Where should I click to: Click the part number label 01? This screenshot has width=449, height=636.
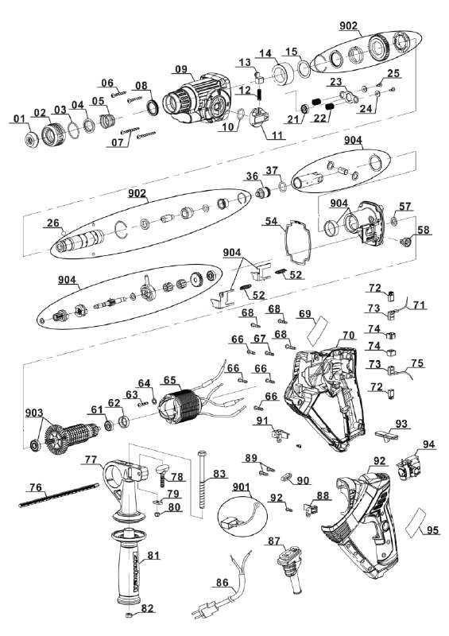pyautogui.click(x=19, y=118)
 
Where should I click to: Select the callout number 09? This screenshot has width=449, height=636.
pyautogui.click(x=181, y=69)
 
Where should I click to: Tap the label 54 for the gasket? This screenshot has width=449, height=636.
pyautogui.click(x=271, y=221)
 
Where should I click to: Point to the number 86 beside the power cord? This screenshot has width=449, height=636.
pyautogui.click(x=222, y=583)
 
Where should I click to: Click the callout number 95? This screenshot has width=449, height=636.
pyautogui.click(x=432, y=529)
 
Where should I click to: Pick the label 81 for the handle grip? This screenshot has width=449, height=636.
pyautogui.click(x=153, y=555)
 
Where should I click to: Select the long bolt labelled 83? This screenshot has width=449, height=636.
pyautogui.click(x=203, y=478)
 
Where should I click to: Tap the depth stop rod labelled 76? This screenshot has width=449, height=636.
pyautogui.click(x=59, y=494)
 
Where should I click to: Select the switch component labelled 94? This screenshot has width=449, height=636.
pyautogui.click(x=411, y=467)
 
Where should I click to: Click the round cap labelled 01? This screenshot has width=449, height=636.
pyautogui.click(x=31, y=140)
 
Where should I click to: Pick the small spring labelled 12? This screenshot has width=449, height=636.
pyautogui.click(x=258, y=96)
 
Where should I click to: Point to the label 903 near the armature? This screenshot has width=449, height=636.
pyautogui.click(x=34, y=413)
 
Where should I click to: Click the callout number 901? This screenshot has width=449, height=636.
pyautogui.click(x=242, y=487)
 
